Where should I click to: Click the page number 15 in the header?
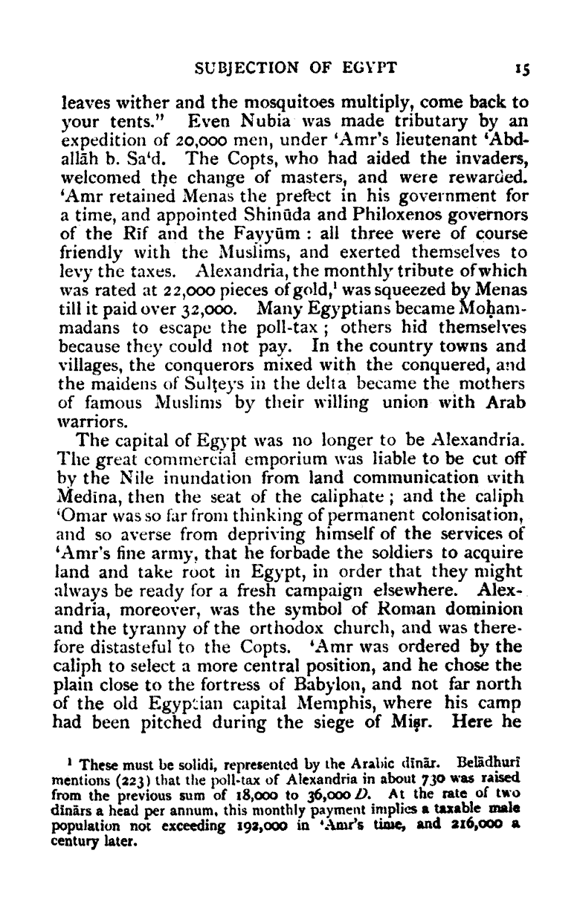[x=520, y=71]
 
